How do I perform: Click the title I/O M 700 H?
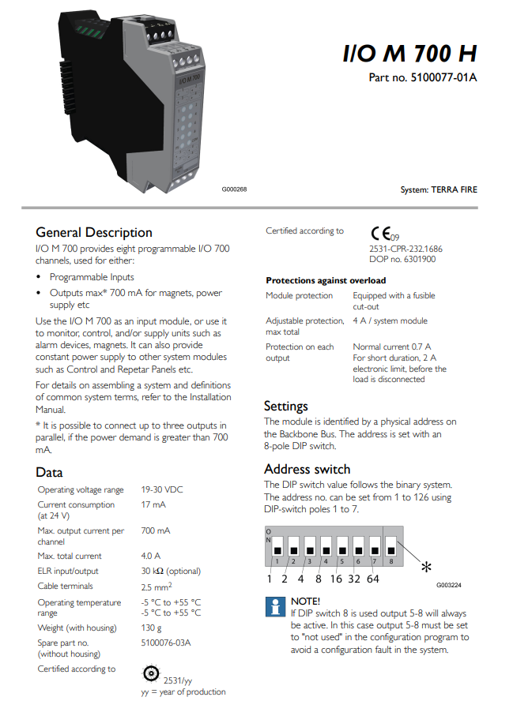click(409, 54)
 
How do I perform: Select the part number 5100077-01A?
click(423, 77)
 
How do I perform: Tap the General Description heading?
click(94, 232)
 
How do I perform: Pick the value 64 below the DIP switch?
click(372, 579)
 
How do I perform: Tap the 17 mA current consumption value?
click(153, 504)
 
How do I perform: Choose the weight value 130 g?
click(152, 628)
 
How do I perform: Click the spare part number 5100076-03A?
click(166, 643)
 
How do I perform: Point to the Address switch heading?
click(307, 469)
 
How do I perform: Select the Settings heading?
click(285, 406)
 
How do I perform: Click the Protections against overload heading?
click(326, 280)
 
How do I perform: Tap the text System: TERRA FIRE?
click(439, 189)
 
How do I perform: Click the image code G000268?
click(236, 189)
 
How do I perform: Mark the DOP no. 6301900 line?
click(402, 259)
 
